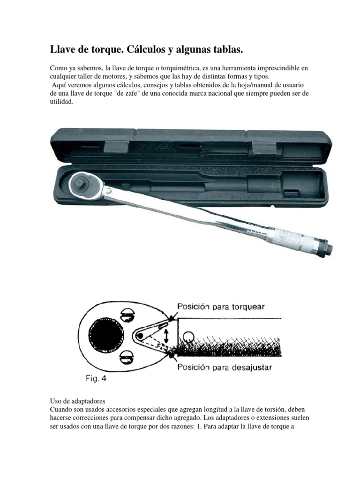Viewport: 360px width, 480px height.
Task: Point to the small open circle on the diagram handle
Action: pyautogui.click(x=188, y=337)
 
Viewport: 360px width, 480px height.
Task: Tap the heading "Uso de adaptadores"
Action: pyautogui.click(x=78, y=401)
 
